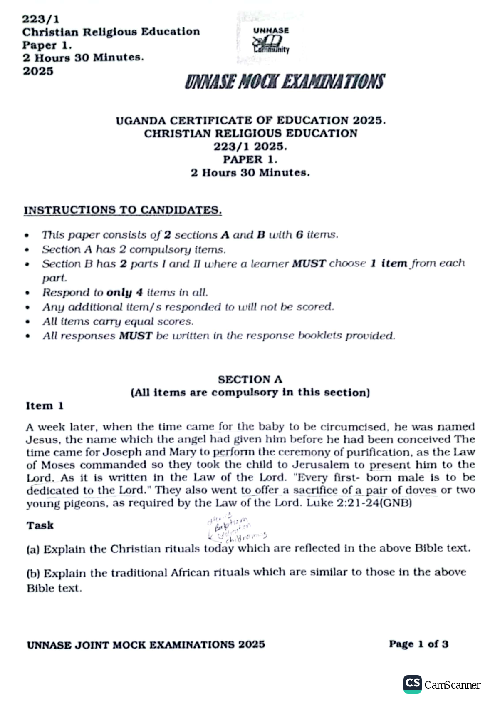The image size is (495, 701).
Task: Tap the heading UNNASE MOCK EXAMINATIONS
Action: [285, 82]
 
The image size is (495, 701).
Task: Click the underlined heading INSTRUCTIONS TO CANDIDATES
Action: [123, 210]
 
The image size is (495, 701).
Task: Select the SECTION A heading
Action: [250, 379]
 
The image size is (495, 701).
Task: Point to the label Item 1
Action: [45, 406]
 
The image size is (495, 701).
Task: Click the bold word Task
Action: [40, 525]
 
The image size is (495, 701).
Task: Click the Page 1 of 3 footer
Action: [418, 644]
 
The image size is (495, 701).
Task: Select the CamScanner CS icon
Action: [412, 684]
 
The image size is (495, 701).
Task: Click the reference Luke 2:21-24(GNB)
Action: [359, 503]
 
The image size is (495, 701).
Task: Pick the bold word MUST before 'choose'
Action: [309, 263]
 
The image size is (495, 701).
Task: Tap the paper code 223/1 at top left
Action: [41, 19]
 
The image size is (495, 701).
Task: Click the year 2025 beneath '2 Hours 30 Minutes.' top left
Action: [38, 71]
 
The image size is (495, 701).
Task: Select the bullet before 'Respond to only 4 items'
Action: [27, 293]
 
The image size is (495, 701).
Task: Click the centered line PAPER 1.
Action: [250, 159]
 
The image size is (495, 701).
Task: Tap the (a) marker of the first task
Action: [33, 549]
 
